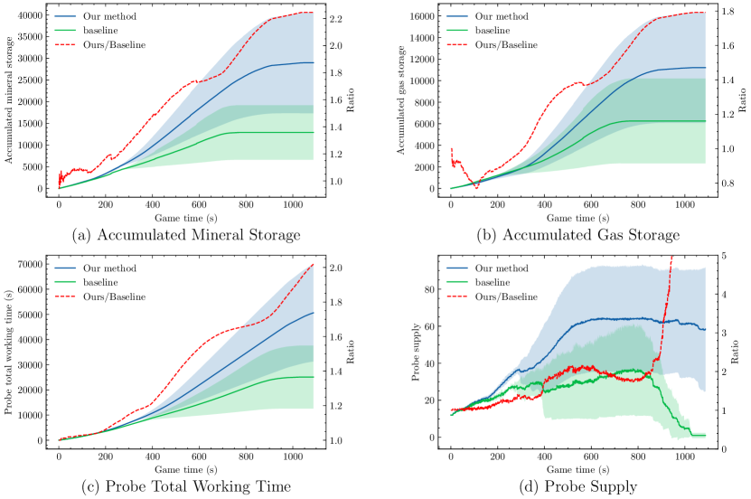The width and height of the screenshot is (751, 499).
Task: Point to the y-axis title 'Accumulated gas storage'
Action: (x=402, y=99)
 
